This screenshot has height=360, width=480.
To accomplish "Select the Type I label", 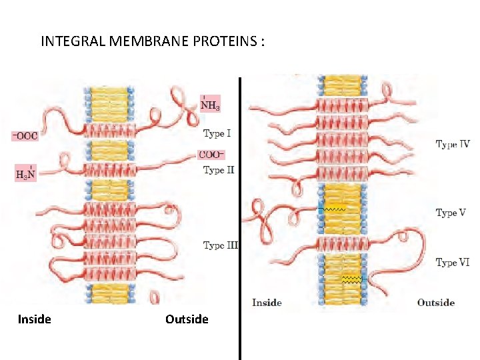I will point(217,133).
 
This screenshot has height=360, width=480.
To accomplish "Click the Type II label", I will point(219,170).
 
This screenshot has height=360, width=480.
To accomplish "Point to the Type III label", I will point(220,245).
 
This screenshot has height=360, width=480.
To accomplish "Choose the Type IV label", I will point(453,144).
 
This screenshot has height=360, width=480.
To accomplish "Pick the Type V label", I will point(451,213).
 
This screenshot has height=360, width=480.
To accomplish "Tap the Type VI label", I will point(452,263).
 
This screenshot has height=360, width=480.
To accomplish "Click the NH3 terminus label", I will point(210,105).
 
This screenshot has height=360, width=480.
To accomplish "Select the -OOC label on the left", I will point(25,136).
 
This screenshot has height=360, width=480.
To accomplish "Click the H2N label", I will point(25,175).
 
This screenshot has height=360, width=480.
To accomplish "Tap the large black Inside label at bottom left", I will point(35,319).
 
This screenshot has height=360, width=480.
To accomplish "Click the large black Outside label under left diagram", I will point(187,319).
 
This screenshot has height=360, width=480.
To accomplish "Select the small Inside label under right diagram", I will point(267,303).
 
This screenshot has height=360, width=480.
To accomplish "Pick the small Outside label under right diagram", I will point(436,303).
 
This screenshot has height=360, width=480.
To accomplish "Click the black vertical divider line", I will point(240,220).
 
